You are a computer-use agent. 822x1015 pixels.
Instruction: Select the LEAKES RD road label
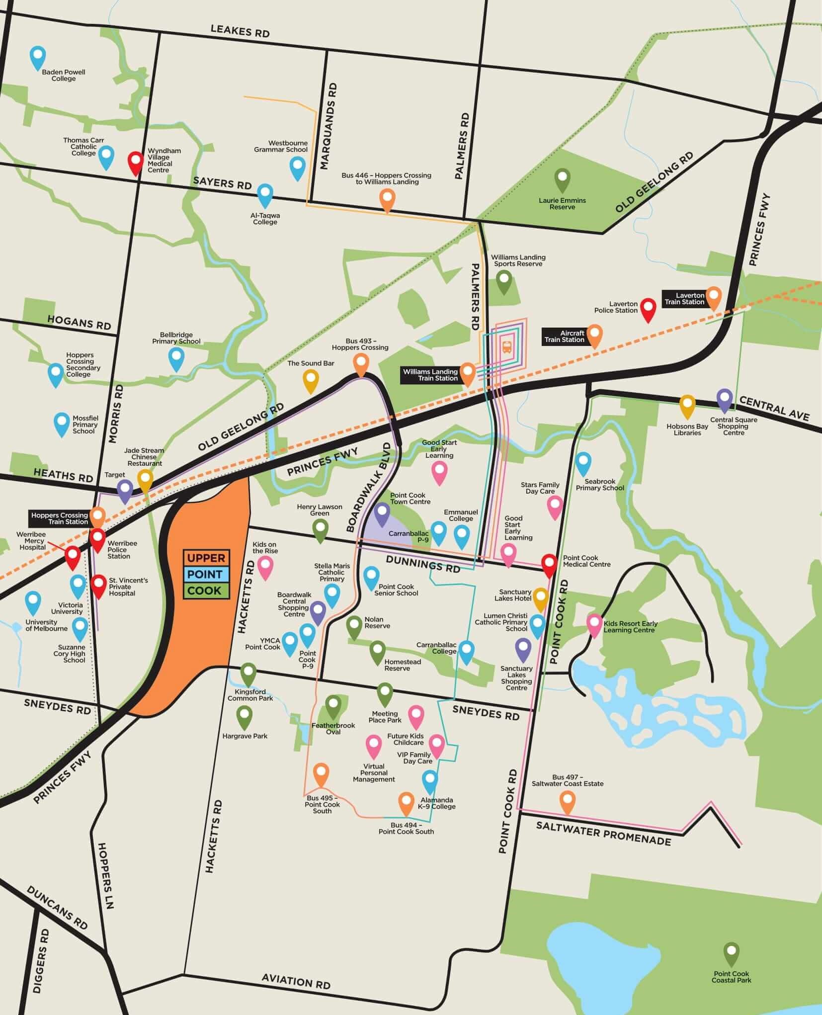click(240, 31)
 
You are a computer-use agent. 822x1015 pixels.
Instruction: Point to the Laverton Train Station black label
click(684, 299)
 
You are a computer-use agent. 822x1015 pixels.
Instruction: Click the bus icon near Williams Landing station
click(507, 346)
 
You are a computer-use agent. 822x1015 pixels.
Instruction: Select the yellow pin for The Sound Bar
click(311, 380)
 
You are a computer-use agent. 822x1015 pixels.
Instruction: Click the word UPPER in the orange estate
click(206, 558)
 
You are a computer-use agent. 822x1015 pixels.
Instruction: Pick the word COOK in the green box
click(205, 591)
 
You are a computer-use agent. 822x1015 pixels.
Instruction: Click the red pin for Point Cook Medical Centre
click(549, 564)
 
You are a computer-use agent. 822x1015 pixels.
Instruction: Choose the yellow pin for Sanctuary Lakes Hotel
click(540, 597)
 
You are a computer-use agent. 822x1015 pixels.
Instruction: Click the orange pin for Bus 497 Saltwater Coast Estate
click(567, 800)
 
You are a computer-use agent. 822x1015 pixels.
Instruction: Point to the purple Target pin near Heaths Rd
click(125, 489)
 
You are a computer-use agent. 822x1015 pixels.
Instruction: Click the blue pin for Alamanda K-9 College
click(430, 780)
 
